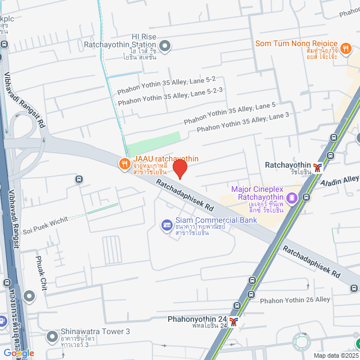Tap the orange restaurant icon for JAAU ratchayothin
tap(124, 164)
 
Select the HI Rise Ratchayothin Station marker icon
tap(165, 46)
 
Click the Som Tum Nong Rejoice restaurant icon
tap(346, 49)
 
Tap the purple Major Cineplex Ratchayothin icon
tap(292, 197)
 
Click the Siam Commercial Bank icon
tap(166, 226)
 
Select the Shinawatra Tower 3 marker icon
tap(52, 337)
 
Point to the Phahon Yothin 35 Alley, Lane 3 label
tap(242, 124)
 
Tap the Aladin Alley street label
tap(339, 181)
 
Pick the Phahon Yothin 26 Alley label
tap(295, 300)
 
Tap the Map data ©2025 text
tap(335, 355)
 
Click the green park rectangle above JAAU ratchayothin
tap(154, 145)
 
